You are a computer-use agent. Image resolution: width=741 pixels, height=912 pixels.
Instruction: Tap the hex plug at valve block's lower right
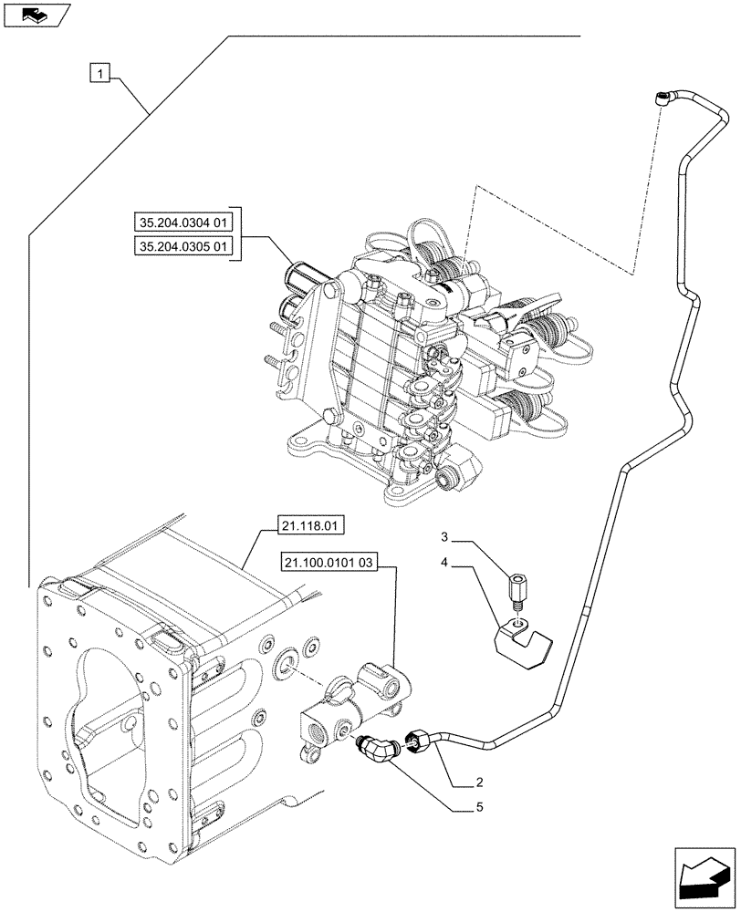[449, 476]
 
